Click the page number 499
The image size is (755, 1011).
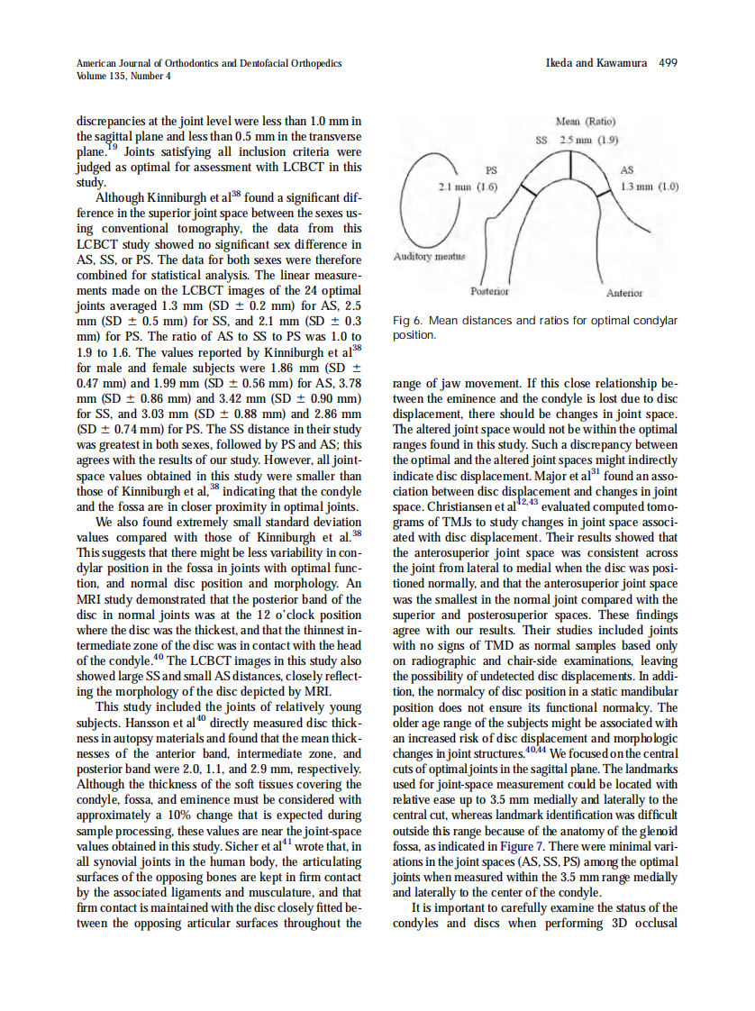click(x=668, y=63)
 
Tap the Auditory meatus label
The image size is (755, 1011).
click(x=429, y=258)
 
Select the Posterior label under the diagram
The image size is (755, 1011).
click(x=489, y=292)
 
